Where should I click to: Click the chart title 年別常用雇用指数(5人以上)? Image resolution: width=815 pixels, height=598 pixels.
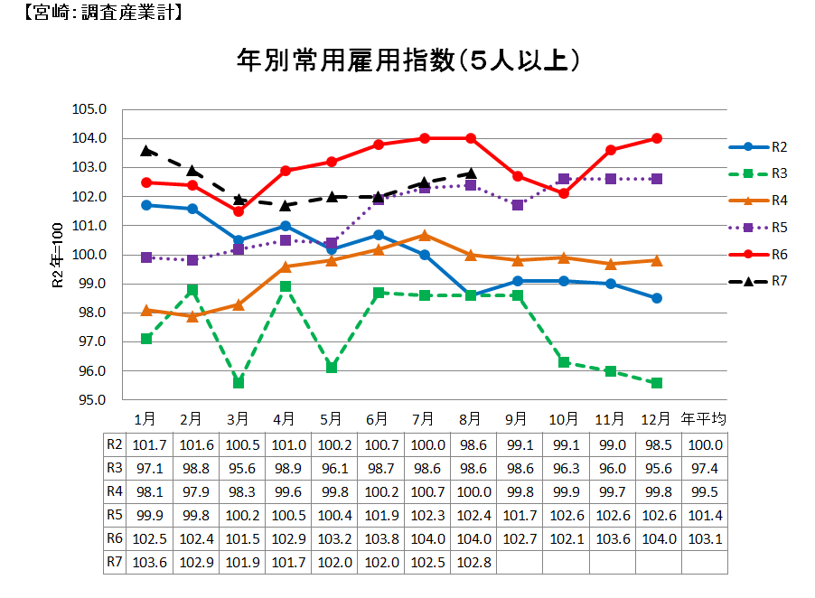(x=407, y=61)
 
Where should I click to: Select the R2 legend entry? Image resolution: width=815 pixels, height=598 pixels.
(x=759, y=146)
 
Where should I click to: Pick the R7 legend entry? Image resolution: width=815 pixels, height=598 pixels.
(x=759, y=282)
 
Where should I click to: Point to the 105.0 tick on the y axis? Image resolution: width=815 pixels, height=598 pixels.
(x=90, y=109)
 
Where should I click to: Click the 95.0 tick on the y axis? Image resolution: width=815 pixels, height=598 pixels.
(x=90, y=400)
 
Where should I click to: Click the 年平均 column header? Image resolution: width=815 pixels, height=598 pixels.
(x=703, y=419)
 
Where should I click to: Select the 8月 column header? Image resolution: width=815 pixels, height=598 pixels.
(x=471, y=419)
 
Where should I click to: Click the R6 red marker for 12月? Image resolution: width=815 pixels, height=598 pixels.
(x=657, y=138)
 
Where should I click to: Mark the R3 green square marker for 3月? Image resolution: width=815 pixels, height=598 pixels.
(x=239, y=383)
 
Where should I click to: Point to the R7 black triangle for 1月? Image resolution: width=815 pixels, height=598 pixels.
(x=145, y=150)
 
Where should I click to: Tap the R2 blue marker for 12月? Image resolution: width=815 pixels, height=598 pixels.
(x=657, y=298)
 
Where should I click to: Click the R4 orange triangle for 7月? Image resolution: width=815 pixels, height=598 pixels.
(x=425, y=235)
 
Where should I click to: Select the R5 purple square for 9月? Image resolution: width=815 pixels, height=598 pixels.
(x=518, y=205)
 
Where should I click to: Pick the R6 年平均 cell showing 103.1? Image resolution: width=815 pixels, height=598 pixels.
(x=703, y=538)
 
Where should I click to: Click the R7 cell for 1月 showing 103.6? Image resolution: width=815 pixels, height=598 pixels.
(x=145, y=562)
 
